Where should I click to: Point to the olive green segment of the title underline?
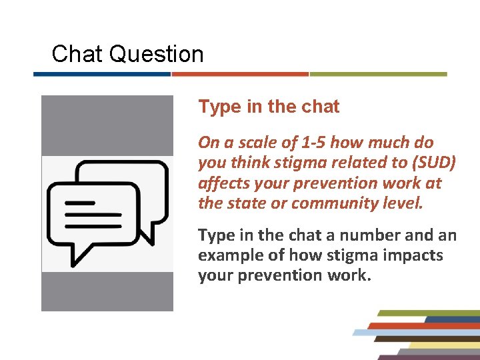pos(378,74)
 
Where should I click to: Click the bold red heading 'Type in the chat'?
pos(269,107)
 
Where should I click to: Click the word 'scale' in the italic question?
pos(252,143)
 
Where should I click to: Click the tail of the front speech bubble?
pos(80,257)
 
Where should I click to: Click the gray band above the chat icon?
pos(107,125)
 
